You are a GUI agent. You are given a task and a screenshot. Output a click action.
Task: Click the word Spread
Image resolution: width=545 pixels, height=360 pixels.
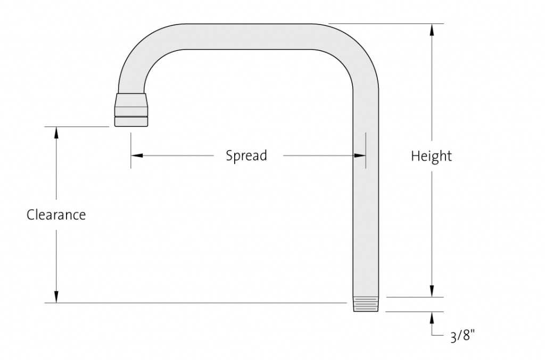tap(246, 155)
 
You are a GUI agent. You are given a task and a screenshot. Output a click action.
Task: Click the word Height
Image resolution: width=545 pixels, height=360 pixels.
tap(431, 156)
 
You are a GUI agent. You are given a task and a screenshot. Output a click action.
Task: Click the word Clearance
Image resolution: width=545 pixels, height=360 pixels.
tap(56, 214)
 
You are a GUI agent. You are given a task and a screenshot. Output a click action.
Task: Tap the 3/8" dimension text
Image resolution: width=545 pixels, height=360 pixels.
tap(463, 336)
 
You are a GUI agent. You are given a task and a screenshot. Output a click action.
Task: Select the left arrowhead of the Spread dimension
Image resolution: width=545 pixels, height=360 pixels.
tap(137, 155)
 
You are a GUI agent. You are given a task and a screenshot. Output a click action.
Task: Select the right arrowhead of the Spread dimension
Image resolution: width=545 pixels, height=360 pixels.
tap(360, 155)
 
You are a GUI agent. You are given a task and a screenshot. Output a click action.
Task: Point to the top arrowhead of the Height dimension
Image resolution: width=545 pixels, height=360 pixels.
tap(432, 30)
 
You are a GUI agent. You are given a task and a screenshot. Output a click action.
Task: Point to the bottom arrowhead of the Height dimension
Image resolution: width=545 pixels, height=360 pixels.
tap(432, 291)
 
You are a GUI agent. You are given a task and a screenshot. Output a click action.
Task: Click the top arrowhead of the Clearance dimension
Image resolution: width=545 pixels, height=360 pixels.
tap(56, 133)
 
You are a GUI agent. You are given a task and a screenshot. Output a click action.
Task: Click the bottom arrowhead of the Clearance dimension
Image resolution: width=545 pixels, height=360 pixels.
tap(56, 297)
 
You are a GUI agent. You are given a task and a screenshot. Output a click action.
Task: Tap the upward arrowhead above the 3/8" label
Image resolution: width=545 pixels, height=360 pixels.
tap(432, 317)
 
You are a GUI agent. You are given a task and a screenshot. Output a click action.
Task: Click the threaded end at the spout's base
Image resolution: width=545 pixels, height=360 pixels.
tap(366, 304)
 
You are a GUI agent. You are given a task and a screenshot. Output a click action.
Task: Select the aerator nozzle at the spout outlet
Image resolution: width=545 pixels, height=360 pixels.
tap(131, 110)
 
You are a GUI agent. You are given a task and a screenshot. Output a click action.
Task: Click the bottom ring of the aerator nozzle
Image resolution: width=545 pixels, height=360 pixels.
tap(131, 121)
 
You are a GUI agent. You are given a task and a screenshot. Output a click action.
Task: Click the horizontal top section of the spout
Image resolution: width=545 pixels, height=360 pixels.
tap(248, 37)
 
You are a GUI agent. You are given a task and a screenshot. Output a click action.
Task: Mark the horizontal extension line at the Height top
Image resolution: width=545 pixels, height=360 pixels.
tap(386, 23)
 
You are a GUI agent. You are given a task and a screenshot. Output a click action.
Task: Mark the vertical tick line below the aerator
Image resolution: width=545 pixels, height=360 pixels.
tap(131, 150)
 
